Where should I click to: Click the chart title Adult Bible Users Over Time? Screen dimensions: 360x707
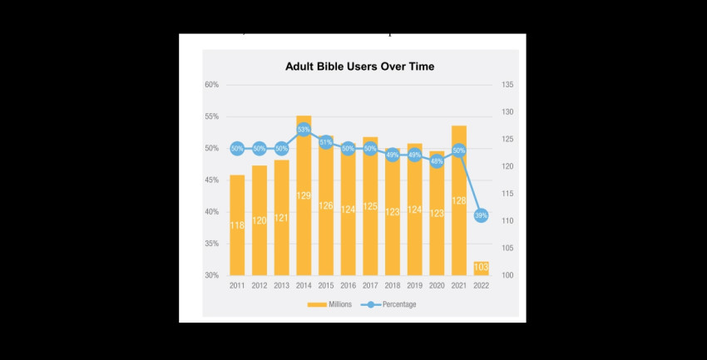(x=360, y=66)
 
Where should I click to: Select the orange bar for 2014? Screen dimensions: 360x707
(x=304, y=200)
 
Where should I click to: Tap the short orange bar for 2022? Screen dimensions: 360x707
(x=481, y=268)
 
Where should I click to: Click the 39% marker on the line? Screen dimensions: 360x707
(x=481, y=215)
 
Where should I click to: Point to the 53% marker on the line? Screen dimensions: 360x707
(x=304, y=130)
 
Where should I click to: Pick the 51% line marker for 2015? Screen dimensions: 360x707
(x=326, y=142)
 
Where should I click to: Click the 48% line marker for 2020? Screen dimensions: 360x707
(x=437, y=161)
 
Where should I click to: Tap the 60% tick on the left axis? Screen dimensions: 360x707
(x=211, y=85)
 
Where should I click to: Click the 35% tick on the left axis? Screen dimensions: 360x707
(x=211, y=244)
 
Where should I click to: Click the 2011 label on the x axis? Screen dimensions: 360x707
(x=237, y=285)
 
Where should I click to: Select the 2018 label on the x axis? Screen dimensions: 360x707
(x=393, y=285)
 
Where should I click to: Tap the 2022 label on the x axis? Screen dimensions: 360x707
(x=481, y=285)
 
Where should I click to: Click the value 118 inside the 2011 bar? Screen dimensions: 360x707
(x=237, y=225)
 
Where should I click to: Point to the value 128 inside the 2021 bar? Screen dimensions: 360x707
(x=459, y=200)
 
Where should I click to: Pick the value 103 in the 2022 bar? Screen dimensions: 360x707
(x=481, y=268)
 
